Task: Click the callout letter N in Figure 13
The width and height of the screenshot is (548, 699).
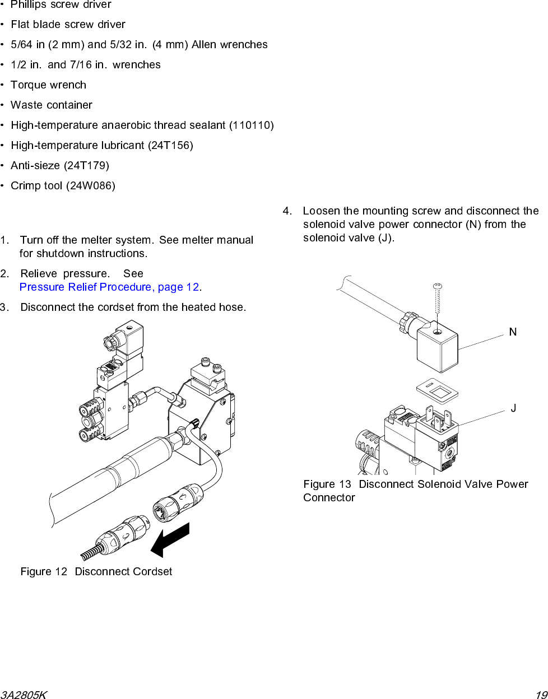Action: click(x=513, y=332)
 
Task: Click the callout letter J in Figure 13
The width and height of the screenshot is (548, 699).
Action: click(x=513, y=408)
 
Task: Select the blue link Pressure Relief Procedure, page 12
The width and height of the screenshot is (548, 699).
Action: click(x=110, y=287)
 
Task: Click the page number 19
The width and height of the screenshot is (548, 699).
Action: click(x=541, y=695)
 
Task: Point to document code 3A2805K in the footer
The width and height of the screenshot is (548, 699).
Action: click(x=24, y=695)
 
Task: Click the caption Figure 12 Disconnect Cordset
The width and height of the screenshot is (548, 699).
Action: click(x=96, y=572)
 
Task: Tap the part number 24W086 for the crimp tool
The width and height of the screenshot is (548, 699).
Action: click(x=90, y=186)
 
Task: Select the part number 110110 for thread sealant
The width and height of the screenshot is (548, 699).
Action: click(x=251, y=125)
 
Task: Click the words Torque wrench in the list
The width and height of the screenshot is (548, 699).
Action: click(x=49, y=85)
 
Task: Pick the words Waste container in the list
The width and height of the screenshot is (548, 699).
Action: click(x=52, y=105)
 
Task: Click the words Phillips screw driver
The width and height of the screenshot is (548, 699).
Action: click(x=61, y=5)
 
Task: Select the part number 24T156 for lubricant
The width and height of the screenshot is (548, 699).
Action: click(x=170, y=146)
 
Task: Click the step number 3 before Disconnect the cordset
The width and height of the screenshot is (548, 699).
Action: click(x=4, y=307)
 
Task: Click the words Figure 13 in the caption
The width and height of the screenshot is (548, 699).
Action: click(x=327, y=484)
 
